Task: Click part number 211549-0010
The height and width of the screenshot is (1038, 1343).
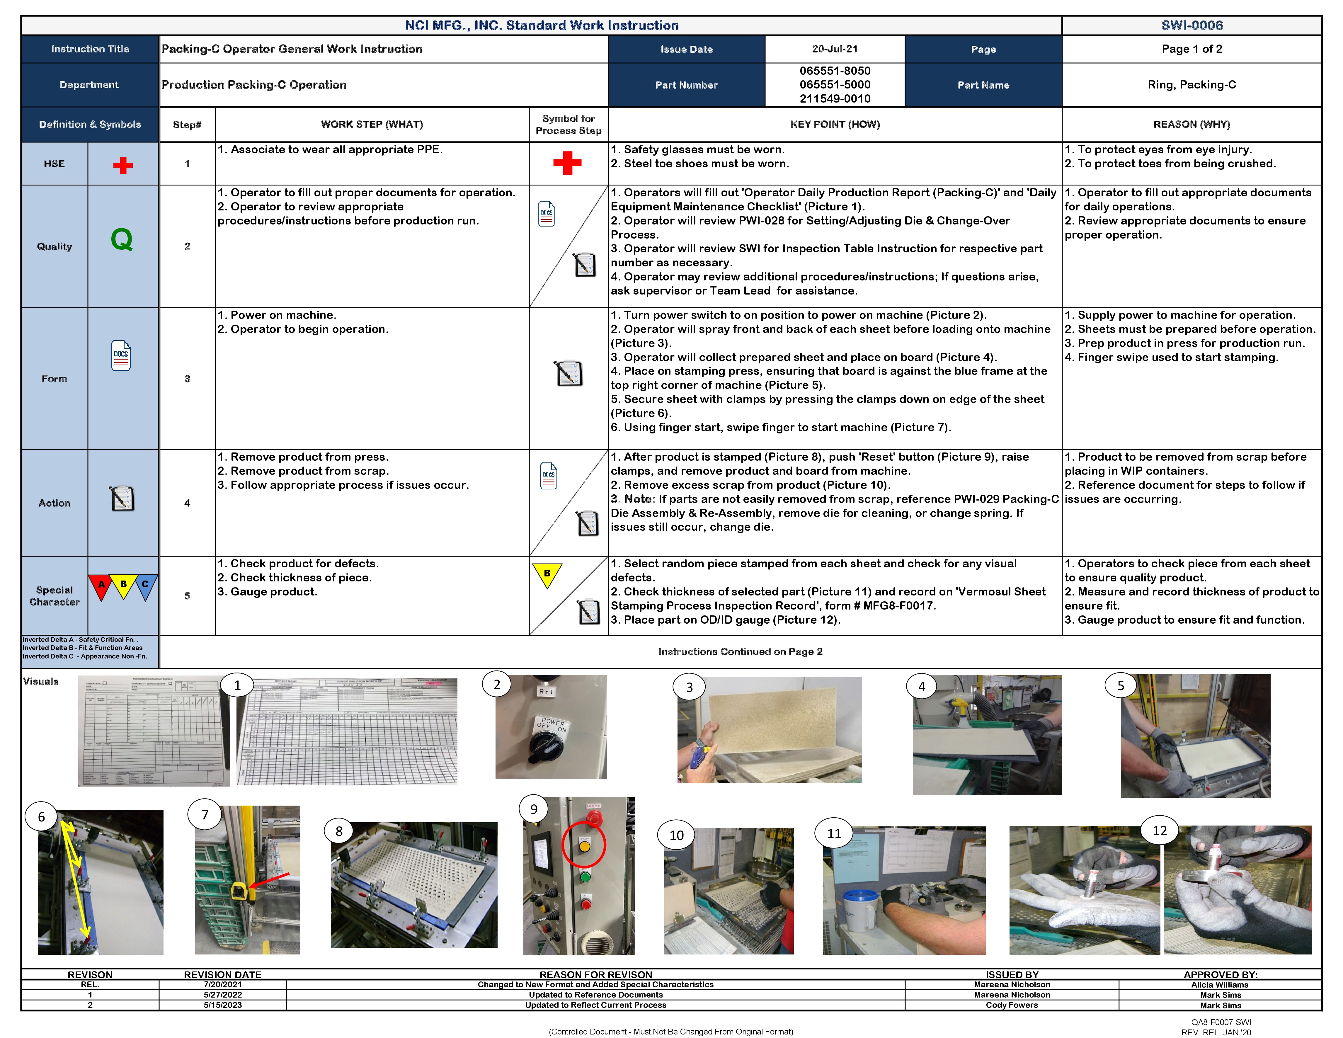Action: [835, 98]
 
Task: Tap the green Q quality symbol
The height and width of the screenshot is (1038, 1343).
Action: [122, 239]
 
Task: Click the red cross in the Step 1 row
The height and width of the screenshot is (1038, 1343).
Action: [567, 163]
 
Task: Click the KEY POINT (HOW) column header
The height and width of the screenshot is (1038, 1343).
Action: [835, 124]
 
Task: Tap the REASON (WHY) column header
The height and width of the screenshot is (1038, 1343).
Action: [1191, 124]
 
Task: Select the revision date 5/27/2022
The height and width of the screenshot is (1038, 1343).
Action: [223, 994]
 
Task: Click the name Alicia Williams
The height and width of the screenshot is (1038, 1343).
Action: [1220, 984]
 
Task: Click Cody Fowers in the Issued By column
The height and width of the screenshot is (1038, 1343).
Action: [1012, 1005]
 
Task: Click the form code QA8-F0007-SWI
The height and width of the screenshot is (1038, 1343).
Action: [1221, 1022]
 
